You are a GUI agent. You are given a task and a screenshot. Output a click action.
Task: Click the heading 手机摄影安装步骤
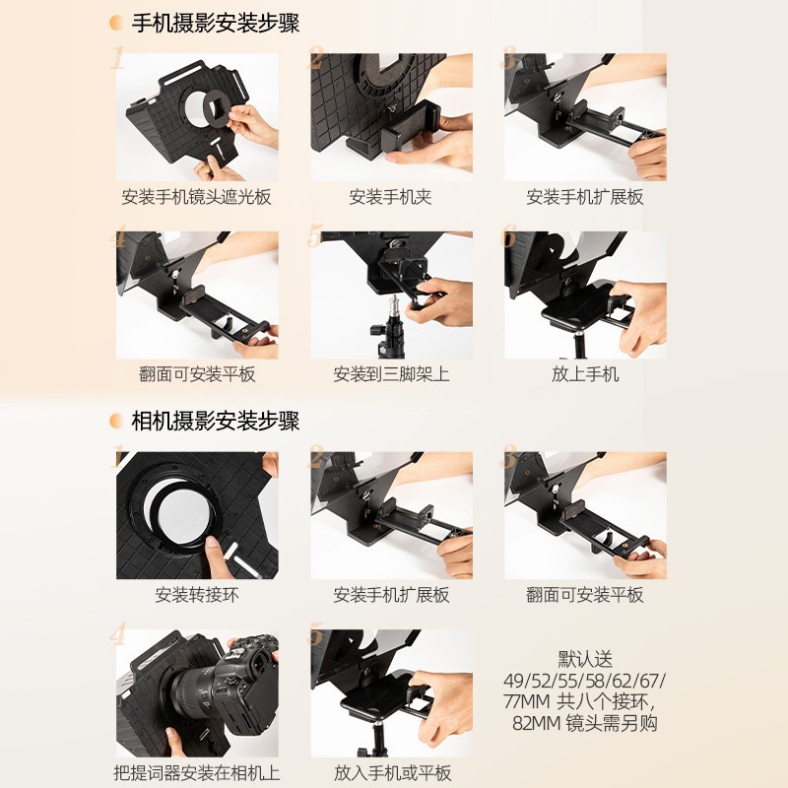[216, 24]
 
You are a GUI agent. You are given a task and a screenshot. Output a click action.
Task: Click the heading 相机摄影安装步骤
[216, 421]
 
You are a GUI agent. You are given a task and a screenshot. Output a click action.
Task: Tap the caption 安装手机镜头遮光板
[196, 196]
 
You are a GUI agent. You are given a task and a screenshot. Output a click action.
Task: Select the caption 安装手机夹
[390, 196]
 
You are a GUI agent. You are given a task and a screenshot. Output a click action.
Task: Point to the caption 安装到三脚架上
[391, 374]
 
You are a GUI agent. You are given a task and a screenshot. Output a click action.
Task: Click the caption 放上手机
[585, 374]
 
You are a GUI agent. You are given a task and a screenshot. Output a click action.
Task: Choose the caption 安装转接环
[196, 595]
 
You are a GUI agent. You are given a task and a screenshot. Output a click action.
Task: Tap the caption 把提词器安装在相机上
[196, 772]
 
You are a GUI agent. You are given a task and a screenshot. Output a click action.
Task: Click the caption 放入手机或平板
[392, 772]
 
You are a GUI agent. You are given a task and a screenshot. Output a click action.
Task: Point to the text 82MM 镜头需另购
[585, 723]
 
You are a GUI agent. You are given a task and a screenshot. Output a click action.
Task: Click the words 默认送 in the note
[585, 659]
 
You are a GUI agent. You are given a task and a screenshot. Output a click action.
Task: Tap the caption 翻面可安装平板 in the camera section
[585, 595]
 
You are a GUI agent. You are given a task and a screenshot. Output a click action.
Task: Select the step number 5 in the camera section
[315, 634]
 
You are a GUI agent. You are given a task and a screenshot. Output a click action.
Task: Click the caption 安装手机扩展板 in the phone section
[585, 196]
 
